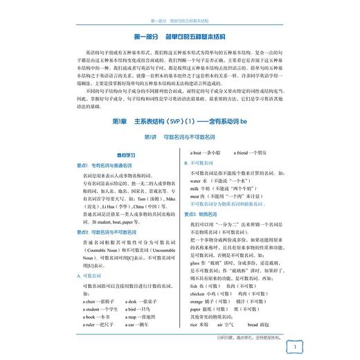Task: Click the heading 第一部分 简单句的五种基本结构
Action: [x=180, y=35]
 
